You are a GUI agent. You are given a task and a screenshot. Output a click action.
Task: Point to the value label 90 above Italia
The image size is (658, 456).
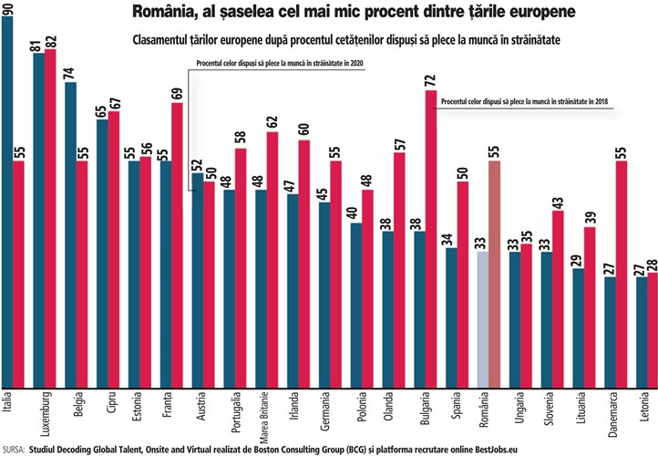click(x=8, y=8)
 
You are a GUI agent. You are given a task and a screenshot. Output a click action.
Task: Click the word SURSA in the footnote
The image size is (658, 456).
click(x=14, y=449)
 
